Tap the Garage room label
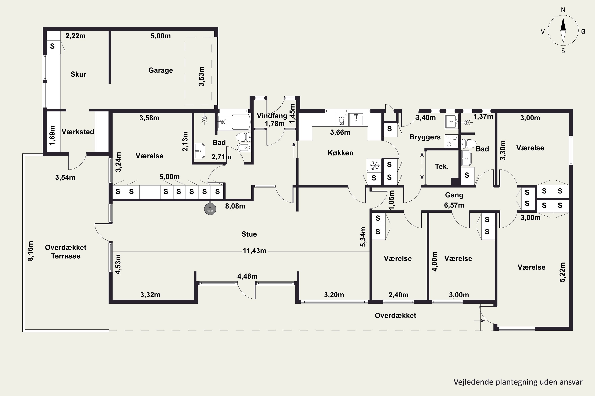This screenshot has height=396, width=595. pos(161,70)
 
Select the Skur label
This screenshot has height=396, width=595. pos(78,74)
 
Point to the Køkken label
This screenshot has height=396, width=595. pos(341,153)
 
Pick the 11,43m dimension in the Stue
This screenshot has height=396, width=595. pos(254,251)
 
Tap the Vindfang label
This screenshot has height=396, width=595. pos(272,116)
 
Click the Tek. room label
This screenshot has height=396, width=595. pos(442,167)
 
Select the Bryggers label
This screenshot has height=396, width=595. pos(425,137)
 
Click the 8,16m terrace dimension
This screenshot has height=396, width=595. pos(30,251)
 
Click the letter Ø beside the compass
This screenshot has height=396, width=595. pos(583,31)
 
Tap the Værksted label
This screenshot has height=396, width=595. pos(78,132)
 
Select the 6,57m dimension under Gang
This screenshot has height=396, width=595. pos(454,205)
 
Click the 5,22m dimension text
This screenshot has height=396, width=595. pos(562,272)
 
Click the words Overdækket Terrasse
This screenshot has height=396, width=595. pos(66,251)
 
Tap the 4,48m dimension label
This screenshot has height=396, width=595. pos(247,276)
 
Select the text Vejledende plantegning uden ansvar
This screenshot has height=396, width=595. pos(518,382)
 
